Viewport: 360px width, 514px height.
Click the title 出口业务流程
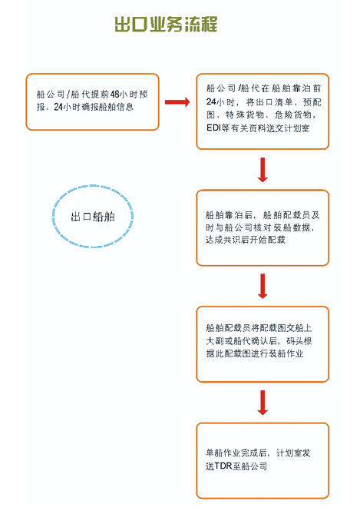tap(166, 25)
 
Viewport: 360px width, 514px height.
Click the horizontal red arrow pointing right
tap(177, 102)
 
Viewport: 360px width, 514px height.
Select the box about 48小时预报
tap(92, 102)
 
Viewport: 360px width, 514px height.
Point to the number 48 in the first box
tap(114, 95)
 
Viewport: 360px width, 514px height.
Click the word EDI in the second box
tap(213, 128)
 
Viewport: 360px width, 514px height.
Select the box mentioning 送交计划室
tap(263, 111)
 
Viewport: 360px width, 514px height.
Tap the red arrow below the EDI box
tap(263, 170)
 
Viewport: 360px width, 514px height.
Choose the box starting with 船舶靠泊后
tap(263, 228)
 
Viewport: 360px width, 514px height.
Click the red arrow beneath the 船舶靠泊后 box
tap(263, 286)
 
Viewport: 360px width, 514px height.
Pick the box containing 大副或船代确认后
tap(263, 344)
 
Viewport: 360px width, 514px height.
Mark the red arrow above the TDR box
tap(263, 403)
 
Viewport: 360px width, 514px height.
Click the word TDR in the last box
tap(223, 466)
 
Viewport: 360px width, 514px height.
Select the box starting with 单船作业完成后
tap(263, 461)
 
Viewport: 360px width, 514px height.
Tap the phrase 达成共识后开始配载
tap(246, 240)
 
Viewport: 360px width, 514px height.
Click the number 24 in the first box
tap(58, 108)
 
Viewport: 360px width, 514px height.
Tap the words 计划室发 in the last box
tap(293, 453)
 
